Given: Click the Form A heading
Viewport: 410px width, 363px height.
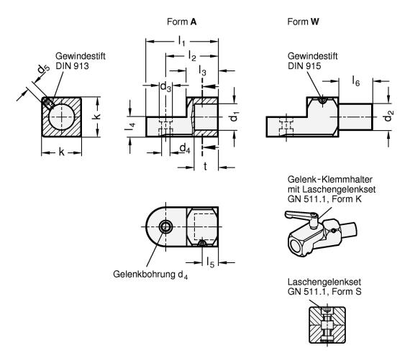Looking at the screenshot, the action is [181, 22].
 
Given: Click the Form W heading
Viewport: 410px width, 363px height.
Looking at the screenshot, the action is [303, 22].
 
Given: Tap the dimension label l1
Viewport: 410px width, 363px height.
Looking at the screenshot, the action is [182, 41].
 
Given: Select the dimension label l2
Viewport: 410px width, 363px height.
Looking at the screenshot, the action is [192, 56].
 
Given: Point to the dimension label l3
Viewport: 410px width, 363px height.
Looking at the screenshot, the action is [202, 70].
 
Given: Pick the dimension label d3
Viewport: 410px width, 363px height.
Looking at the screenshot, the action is [165, 86].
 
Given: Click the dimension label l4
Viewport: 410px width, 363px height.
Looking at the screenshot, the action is [130, 126].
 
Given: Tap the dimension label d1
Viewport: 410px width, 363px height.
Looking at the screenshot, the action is [234, 116].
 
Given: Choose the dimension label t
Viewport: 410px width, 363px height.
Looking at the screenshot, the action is [205, 166].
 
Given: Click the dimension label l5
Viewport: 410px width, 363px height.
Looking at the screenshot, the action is [210, 262].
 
